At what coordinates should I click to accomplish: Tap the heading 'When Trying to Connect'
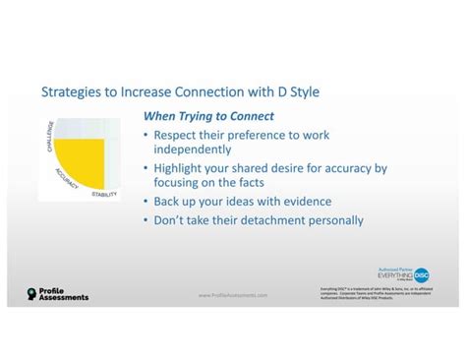207,117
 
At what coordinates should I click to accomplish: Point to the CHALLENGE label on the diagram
48,138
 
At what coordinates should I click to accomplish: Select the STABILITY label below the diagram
104,194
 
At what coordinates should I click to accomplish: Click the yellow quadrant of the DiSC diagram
82,163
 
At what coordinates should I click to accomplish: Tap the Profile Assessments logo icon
31,293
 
